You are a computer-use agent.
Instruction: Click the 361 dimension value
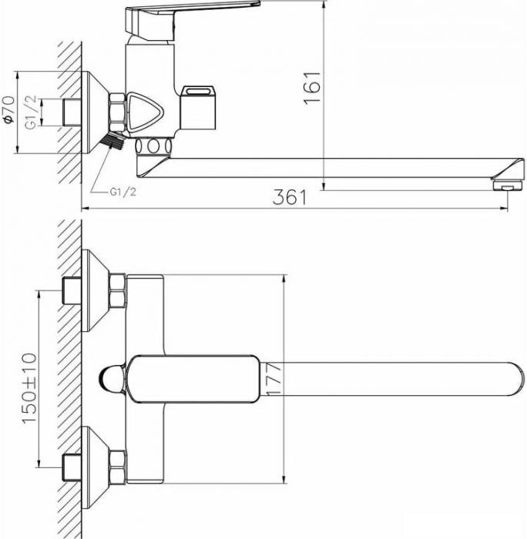point(289,197)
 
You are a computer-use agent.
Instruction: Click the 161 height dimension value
point(312,87)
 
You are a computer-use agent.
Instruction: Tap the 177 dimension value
point(274,379)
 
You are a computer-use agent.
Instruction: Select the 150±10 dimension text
point(29,388)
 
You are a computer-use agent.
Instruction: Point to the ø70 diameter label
point(8,109)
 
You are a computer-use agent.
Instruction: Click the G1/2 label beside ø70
point(31,112)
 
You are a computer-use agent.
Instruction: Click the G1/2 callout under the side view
point(123,192)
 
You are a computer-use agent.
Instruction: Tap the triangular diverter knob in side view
point(145,112)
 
